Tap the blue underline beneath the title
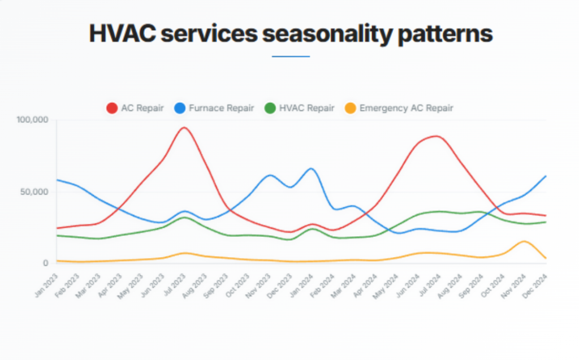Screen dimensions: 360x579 point(291,57)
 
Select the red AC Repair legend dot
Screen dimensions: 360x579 point(112,108)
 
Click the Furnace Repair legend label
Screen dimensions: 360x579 point(222,108)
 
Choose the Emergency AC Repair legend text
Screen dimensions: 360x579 point(406,108)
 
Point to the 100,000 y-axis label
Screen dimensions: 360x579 point(33,120)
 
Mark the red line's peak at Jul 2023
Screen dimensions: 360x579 point(184,127)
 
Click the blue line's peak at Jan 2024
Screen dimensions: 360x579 point(311,168)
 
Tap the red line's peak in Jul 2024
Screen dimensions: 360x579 point(435,136)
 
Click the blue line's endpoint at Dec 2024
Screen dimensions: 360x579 point(546,176)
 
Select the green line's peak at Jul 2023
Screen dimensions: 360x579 point(184,217)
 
